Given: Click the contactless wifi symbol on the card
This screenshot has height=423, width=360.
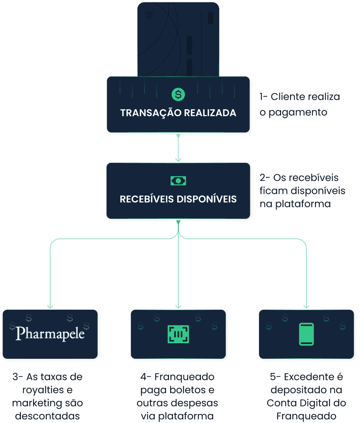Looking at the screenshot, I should coord(149,16).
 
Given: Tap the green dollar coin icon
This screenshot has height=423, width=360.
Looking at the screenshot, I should coord(178,94).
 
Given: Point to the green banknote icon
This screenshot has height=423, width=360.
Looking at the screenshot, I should coord(178,180).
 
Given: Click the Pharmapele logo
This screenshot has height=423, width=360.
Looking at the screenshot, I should coord(50,334).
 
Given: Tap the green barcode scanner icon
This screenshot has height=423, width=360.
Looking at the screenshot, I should coord(178,334).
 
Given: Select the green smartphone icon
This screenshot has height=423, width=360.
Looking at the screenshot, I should coord(306,334).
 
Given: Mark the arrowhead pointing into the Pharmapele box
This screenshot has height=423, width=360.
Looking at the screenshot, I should coord(50,306).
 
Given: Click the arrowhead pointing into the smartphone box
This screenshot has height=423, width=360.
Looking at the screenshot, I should coord(306,306).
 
